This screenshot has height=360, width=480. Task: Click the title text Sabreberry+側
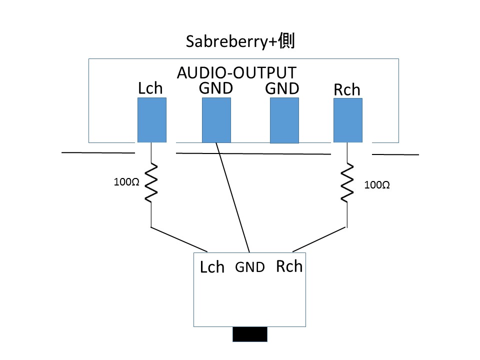point(240,41)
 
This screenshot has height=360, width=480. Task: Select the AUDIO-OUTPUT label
point(237,72)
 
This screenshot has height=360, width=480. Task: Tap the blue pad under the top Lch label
point(151,120)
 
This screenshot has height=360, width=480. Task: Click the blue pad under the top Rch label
point(347,120)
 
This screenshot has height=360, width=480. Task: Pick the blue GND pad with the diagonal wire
point(216,120)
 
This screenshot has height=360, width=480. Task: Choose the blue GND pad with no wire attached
point(284,120)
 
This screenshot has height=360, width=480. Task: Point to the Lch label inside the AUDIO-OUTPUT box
point(150,88)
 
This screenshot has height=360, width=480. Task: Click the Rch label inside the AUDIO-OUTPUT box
point(346,90)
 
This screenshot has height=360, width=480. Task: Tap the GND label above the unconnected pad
point(282,88)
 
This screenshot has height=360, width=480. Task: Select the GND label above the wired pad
point(216,88)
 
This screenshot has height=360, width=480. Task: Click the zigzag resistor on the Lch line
point(151,182)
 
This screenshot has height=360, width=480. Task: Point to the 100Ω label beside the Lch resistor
point(126,182)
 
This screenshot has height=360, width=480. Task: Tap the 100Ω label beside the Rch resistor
point(377,185)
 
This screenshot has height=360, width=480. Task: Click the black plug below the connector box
point(250,334)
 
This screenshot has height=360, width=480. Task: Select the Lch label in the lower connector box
point(212,267)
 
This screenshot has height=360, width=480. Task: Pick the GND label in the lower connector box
point(250,267)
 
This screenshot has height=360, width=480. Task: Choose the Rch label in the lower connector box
point(289,266)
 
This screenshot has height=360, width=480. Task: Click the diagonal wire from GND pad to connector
point(232,197)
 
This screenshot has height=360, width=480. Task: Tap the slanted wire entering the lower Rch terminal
point(319,239)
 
